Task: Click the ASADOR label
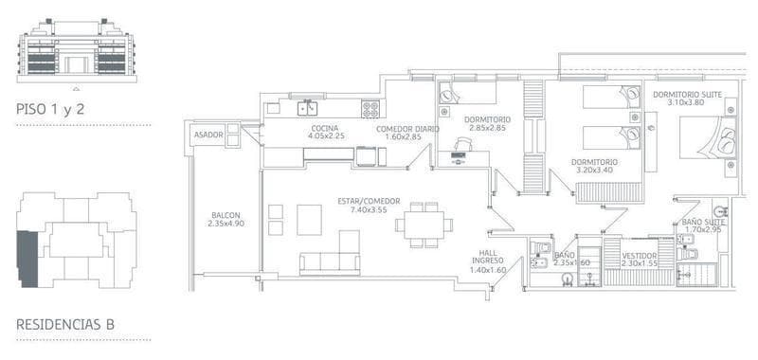click(208, 135)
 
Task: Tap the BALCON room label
click(226, 215)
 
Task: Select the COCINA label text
click(325, 129)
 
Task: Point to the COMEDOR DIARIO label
click(407, 129)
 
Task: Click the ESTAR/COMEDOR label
click(369, 202)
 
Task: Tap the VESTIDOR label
click(640, 256)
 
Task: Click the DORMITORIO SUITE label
click(688, 95)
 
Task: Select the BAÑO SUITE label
click(703, 222)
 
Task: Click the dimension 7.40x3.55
click(369, 209)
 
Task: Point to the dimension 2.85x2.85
click(487, 128)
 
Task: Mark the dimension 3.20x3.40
click(594, 171)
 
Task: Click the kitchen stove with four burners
click(370, 109)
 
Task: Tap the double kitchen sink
click(307, 109)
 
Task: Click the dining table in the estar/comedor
click(424, 225)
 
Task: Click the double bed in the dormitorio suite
click(708, 137)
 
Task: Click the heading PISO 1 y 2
click(50, 110)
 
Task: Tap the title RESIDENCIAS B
click(65, 324)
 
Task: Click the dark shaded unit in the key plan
click(27, 259)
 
